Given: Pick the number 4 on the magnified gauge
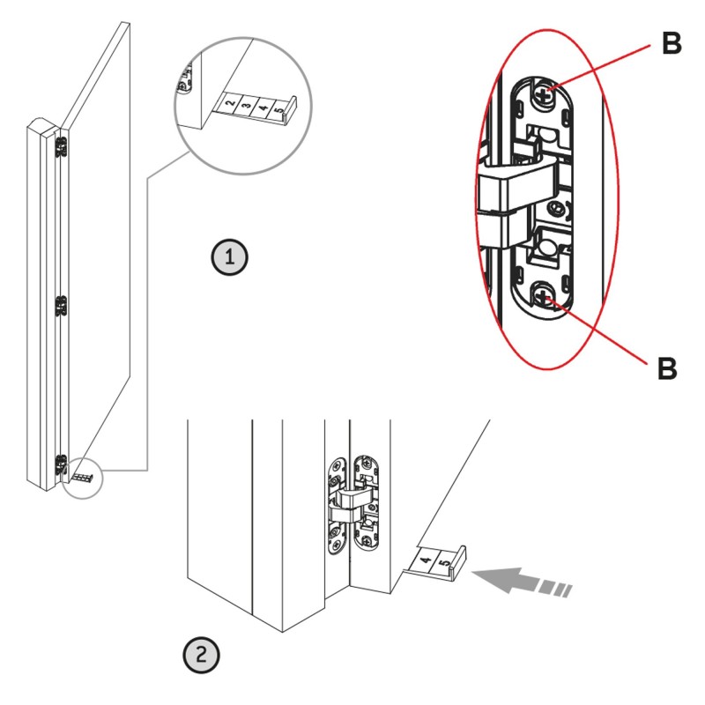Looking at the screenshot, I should point(263,111).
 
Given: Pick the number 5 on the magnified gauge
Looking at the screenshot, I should point(279,113).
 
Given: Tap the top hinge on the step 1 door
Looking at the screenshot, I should point(61,147).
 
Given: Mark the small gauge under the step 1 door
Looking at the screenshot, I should point(81,477).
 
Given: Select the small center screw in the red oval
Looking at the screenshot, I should point(554,208).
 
